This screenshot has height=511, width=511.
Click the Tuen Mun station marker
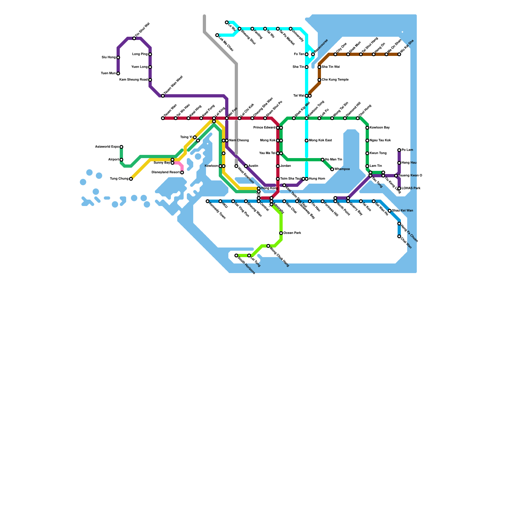118,73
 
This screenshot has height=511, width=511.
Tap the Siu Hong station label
109,57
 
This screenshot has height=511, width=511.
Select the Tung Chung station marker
131,179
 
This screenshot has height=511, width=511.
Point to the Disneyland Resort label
165,172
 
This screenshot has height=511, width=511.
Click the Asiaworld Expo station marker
121,147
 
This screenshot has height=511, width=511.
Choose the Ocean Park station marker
281,233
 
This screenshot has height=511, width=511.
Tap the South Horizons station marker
236,256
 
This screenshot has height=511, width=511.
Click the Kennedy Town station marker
208,201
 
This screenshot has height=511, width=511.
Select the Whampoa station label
342,169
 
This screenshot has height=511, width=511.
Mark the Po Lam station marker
399,150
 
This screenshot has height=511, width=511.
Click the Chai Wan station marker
399,236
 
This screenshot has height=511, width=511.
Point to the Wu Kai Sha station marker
399,54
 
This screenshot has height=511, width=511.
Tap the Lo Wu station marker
227,22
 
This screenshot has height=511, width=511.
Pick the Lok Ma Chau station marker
217,35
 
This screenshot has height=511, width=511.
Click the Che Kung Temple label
335,80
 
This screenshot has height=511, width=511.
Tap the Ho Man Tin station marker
323,160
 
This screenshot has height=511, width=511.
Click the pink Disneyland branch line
180,164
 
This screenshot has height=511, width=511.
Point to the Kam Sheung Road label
133,80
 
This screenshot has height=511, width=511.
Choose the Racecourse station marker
313,54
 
